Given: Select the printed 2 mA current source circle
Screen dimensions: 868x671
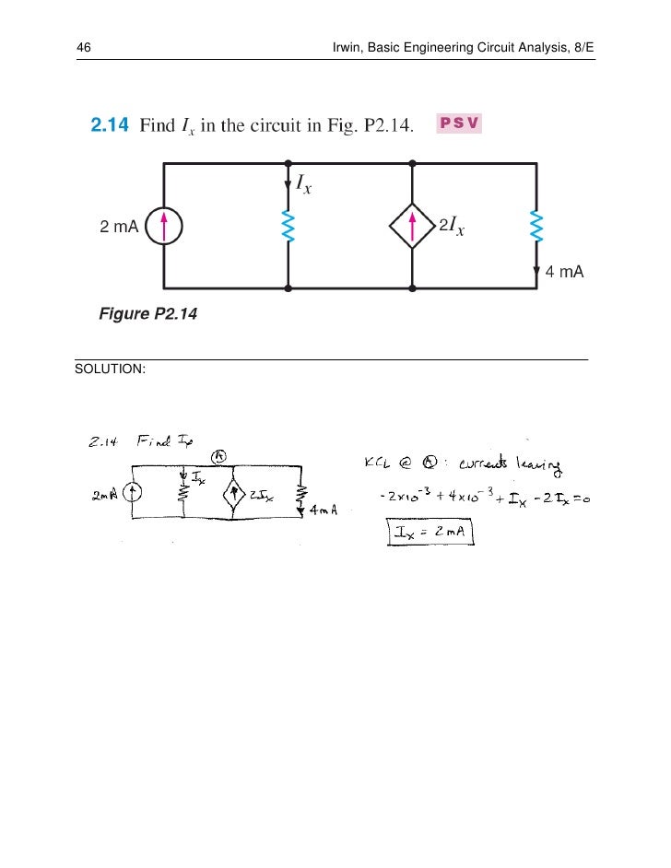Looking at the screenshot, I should tap(163, 227).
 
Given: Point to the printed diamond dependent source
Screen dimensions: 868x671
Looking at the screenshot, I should tap(411, 227).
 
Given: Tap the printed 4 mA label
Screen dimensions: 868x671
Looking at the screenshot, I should tap(565, 274).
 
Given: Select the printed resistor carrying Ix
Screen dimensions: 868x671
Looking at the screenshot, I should tap(288, 227).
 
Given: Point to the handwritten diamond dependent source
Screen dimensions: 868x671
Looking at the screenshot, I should tap(234, 495).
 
